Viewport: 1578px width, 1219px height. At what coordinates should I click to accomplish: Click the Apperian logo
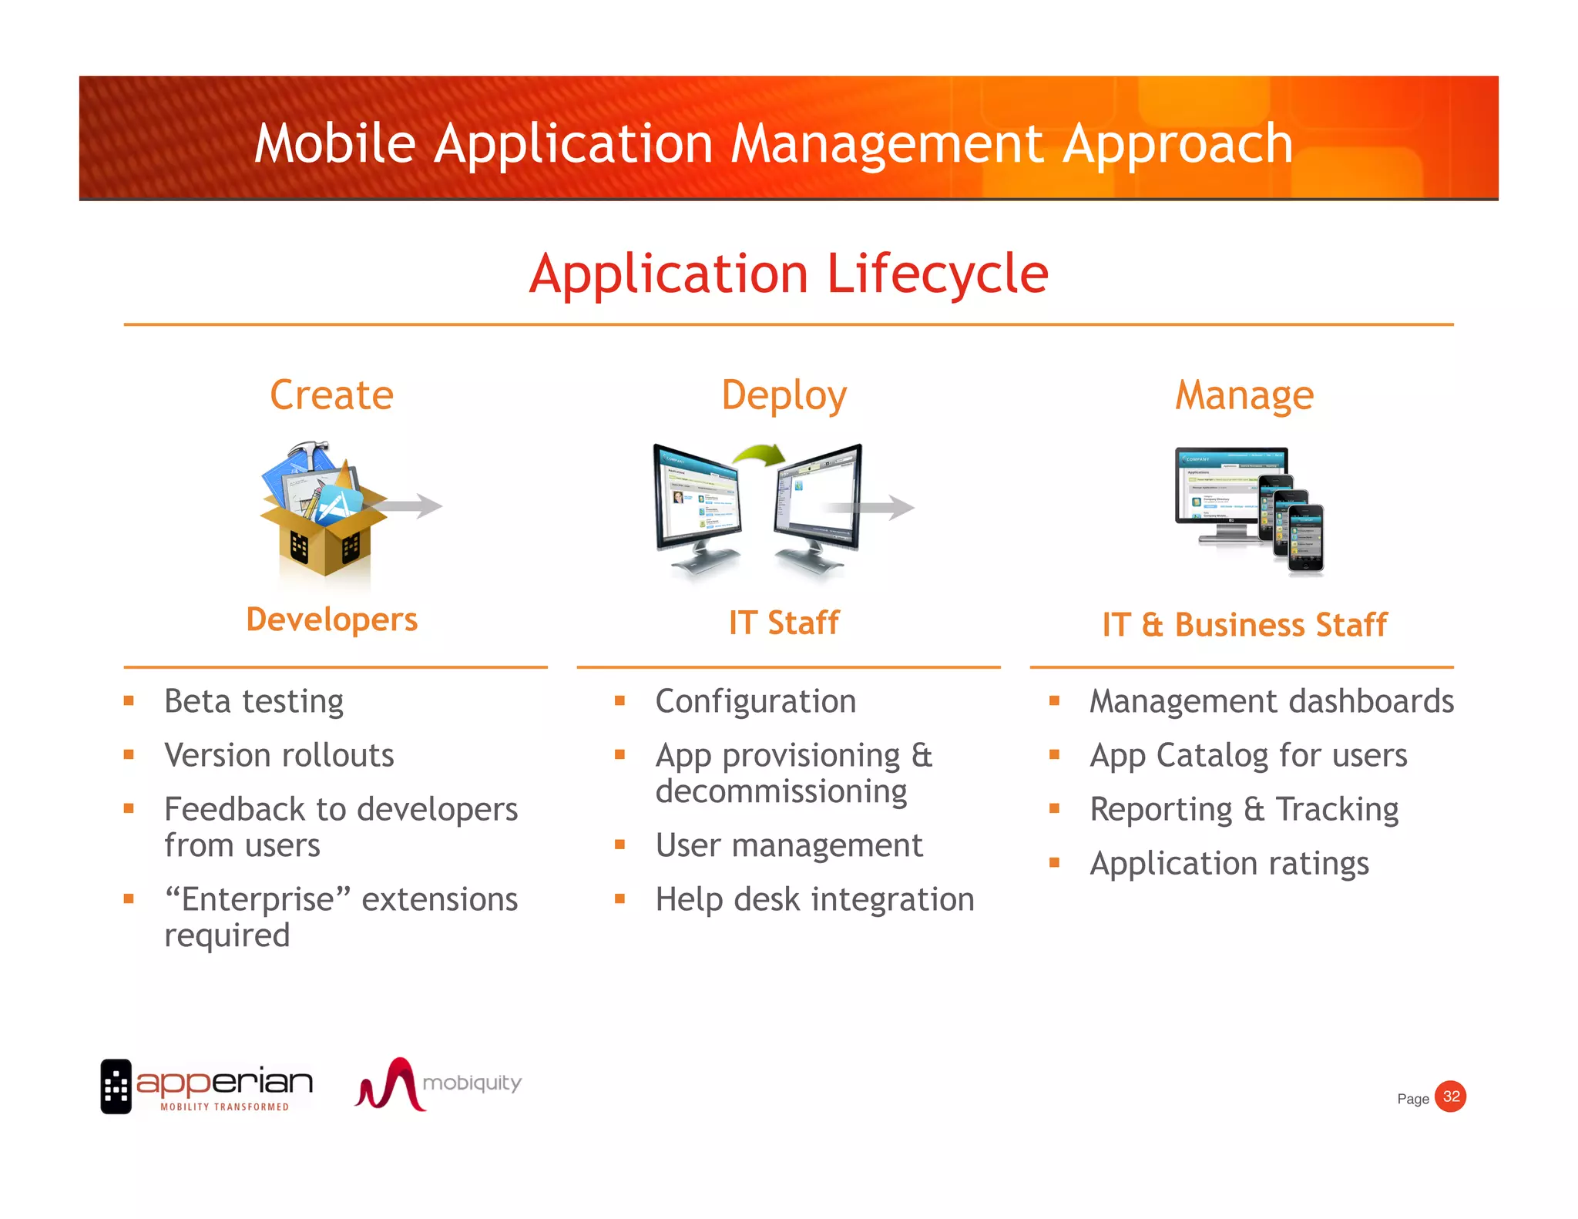coord(206,1086)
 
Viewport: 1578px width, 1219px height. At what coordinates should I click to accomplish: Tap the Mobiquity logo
coord(437,1084)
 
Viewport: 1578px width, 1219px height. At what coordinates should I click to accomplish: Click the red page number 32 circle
coord(1451,1096)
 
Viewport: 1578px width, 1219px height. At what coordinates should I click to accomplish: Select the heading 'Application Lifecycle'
coord(788,274)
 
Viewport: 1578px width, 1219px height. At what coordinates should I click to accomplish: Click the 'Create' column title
coord(331,395)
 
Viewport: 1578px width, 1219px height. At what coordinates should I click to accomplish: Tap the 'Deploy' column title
coord(784,396)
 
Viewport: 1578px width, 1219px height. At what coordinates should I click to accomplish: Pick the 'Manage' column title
coord(1244,396)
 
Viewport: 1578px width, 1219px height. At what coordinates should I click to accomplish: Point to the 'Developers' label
coord(331,620)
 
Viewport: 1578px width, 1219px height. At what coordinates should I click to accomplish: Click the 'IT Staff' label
coord(784,623)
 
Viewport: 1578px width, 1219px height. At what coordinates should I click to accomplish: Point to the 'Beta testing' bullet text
coord(253,701)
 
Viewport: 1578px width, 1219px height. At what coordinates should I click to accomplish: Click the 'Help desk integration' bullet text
coord(814,899)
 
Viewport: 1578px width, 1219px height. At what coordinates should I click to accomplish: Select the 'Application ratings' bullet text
coord(1229,863)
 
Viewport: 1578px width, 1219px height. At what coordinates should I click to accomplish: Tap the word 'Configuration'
coord(755,701)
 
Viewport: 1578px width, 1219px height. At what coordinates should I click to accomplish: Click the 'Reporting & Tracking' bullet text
coord(1244,809)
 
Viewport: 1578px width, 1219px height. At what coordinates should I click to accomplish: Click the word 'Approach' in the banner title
coord(1177,144)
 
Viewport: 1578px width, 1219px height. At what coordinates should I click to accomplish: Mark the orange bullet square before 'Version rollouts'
coord(129,755)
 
